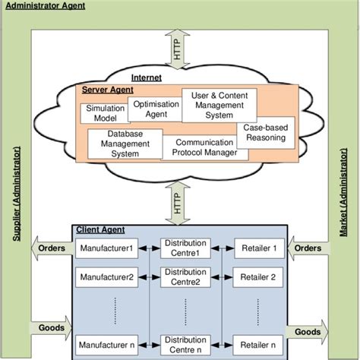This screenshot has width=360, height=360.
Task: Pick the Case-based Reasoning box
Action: [265, 134]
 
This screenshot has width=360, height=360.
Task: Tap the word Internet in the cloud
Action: [147, 77]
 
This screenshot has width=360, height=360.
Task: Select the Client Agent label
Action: [100, 229]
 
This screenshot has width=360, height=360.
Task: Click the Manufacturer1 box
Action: [106, 248]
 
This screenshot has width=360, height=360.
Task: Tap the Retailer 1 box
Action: [258, 248]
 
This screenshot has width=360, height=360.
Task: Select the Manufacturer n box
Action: [106, 343]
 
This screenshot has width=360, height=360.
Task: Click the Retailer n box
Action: [258, 343]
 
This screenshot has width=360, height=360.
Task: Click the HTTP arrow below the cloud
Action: [178, 203]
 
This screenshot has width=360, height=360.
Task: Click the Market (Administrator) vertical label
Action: [343, 197]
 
